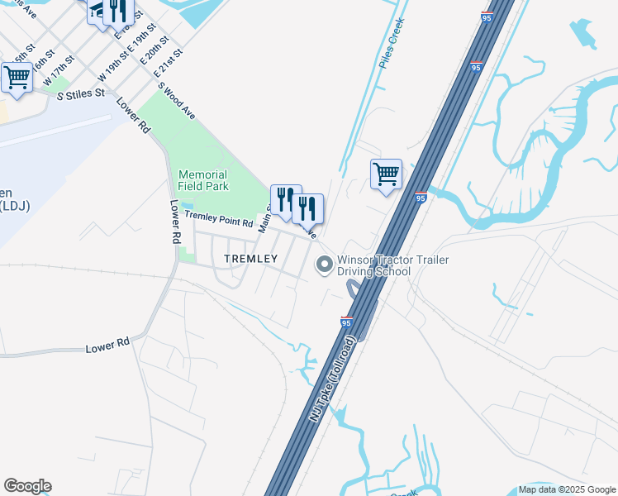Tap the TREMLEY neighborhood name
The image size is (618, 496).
tap(251, 259)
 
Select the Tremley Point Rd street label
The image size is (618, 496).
tap(218, 217)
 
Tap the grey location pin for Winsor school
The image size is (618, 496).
tap(324, 265)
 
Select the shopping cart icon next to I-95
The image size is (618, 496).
tap(386, 175)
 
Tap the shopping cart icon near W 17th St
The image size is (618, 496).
tap(17, 78)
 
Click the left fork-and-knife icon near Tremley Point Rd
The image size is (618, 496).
tap(286, 200)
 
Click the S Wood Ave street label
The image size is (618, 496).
tap(177, 102)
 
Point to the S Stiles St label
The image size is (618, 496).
tap(80, 94)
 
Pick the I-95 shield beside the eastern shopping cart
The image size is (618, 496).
tap(421, 198)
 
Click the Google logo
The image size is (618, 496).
tap(27, 486)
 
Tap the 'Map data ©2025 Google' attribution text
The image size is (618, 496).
tap(567, 489)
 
